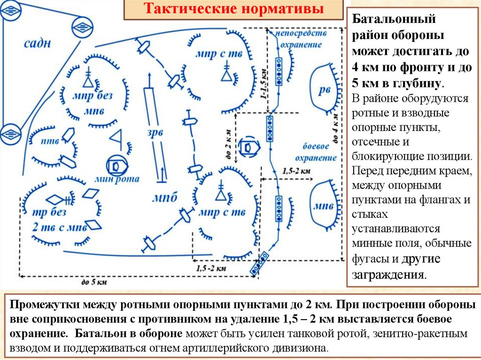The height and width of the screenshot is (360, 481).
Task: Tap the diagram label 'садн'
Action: click(x=38, y=44)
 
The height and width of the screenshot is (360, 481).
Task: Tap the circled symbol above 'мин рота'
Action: click(x=115, y=165)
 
